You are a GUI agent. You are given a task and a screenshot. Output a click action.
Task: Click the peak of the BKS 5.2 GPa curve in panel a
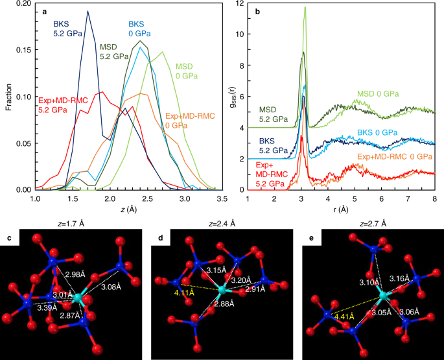pyautogui.click(x=88, y=11)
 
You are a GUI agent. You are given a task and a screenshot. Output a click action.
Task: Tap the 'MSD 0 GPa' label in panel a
pyautogui.click(x=187, y=71)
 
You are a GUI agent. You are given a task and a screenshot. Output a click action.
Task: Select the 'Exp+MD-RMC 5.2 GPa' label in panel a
pyautogui.click(x=63, y=105)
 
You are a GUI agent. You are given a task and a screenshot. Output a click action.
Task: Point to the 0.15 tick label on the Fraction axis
pyautogui.click(x=24, y=50)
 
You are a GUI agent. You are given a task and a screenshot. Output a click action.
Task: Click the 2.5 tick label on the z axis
pyautogui.click(x=148, y=198)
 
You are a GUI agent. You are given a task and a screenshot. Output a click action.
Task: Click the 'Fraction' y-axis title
pyautogui.click(x=9, y=97)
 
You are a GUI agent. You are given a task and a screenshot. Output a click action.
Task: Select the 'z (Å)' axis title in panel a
pyautogui.click(x=128, y=210)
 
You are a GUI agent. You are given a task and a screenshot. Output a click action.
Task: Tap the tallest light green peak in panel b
pyautogui.click(x=305, y=7)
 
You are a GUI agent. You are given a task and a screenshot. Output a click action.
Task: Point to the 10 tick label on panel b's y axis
pyautogui.click(x=240, y=34)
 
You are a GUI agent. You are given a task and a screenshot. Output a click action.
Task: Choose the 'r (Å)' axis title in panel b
pyautogui.click(x=341, y=210)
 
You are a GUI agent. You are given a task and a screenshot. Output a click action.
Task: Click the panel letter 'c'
pyautogui.click(x=9, y=237)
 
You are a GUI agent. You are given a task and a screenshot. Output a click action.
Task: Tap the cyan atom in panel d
pyautogui.click(x=222, y=290)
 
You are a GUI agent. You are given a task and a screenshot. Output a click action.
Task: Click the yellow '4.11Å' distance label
pyautogui.click(x=184, y=293)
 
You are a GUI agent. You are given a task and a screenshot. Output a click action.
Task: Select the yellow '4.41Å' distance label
pyautogui.click(x=344, y=317)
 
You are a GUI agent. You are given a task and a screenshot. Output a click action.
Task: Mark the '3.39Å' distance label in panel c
pyautogui.click(x=47, y=307)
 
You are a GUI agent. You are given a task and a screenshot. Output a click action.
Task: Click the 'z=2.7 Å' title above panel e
pyautogui.click(x=373, y=224)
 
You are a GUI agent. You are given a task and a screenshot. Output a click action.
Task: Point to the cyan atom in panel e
pyautogui.click(x=384, y=296)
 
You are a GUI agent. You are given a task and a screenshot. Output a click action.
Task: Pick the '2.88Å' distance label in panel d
pyautogui.click(x=224, y=304)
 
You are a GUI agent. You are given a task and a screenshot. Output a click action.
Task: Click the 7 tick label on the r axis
pyautogui.click(x=408, y=198)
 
